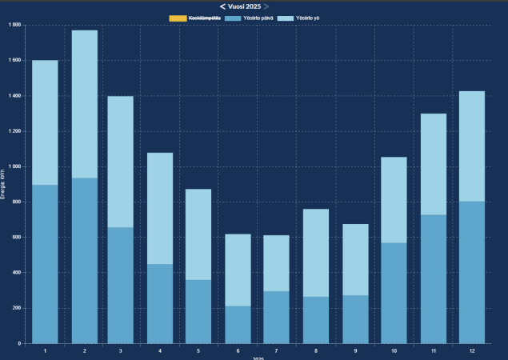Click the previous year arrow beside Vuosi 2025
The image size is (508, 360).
pos(223,6)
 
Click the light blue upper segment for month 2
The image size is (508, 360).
pos(84,104)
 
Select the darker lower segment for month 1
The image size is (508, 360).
pos(45,264)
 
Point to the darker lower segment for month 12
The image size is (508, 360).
pos(471,272)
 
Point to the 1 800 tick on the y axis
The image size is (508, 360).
pos(14,25)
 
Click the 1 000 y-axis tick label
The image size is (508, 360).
pos(14,166)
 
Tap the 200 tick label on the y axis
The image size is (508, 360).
pos(16,308)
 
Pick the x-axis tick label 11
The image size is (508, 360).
pos(432,350)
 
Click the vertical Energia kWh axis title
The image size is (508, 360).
pos(4,184)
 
